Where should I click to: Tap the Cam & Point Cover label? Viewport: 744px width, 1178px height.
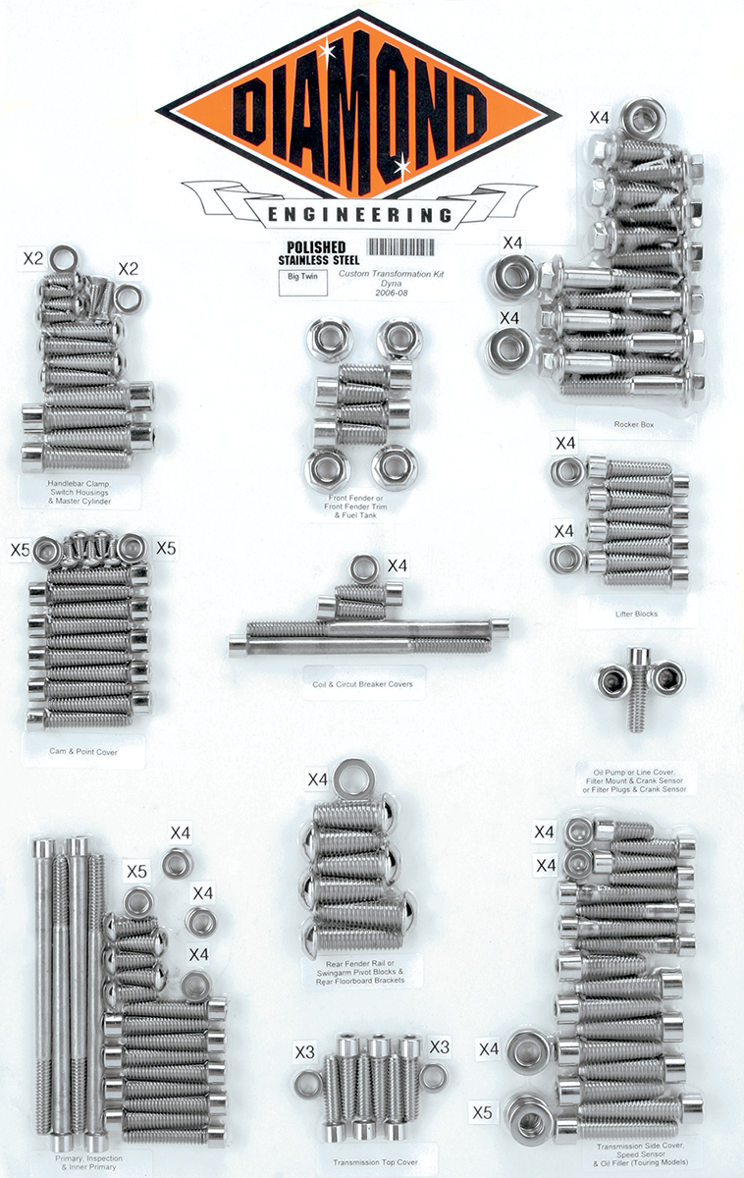pyautogui.click(x=86, y=752)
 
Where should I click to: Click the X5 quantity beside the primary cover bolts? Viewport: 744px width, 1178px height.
pyautogui.click(x=135, y=871)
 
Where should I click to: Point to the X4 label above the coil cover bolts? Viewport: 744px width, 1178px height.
pyautogui.click(x=397, y=565)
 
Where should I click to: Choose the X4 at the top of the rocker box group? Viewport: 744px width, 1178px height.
pyautogui.click(x=598, y=118)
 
